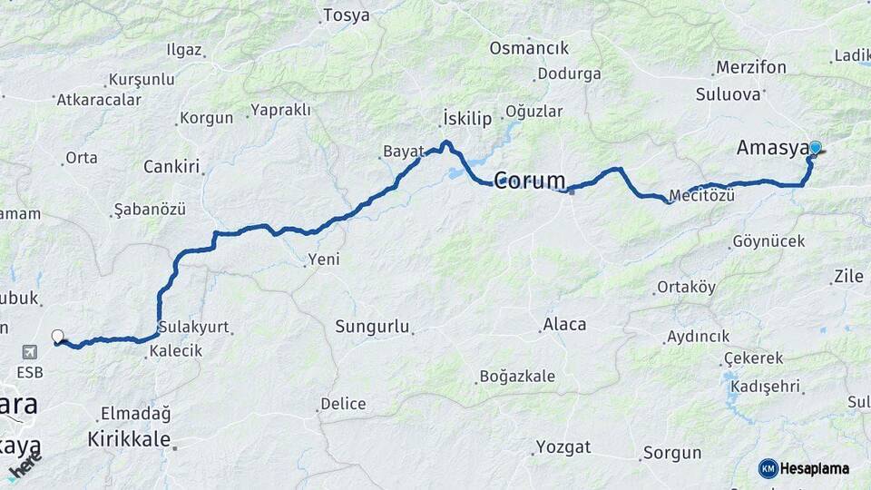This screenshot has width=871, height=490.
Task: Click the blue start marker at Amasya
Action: click(815, 148)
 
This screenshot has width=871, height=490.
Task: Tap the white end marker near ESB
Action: click(58, 337)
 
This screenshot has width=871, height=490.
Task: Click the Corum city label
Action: click(530, 180)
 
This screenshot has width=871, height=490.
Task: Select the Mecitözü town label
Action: click(700, 195)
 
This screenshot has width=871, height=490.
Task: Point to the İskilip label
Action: click(467, 118)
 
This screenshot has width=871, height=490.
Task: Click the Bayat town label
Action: click(403, 152)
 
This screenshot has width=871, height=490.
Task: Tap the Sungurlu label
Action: click(372, 326)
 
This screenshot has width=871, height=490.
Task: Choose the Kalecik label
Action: click(176, 350)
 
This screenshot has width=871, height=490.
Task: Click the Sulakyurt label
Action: click(193, 327)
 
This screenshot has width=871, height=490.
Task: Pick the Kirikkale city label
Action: click(129, 439)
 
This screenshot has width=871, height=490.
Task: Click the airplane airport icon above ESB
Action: click(30, 351)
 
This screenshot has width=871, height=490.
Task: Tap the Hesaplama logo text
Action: click(816, 469)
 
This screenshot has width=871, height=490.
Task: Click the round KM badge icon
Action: click(768, 469)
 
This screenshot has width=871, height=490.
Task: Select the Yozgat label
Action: click(563, 446)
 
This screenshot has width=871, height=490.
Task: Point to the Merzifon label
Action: click(750, 67)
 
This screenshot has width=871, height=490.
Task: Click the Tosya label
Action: click(347, 15)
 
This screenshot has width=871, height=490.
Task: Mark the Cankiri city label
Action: click(171, 167)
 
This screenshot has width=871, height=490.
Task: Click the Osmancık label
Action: click(529, 48)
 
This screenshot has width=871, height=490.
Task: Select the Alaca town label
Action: click(564, 324)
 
